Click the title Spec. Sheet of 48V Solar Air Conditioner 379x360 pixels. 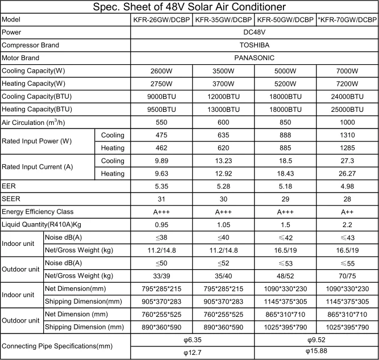click(189, 7)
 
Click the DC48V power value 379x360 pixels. click(255, 32)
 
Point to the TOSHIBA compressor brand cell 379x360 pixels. click(255, 45)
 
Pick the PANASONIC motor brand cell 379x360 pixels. click(255, 58)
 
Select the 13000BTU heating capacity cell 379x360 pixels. click(223, 109)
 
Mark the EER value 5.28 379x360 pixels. click(223, 187)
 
